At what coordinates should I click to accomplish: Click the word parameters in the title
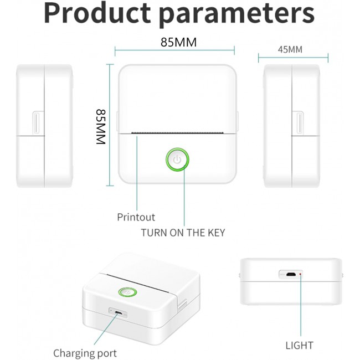click(237, 14)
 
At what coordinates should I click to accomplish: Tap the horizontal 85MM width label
click(179, 42)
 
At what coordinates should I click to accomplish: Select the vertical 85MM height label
click(101, 127)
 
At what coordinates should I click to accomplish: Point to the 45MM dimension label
click(290, 50)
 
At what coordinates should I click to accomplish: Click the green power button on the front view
click(177, 160)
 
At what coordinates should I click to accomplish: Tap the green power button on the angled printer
click(127, 292)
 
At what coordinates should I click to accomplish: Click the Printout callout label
click(136, 217)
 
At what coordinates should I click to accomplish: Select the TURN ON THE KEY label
click(183, 233)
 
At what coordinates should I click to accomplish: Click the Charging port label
click(85, 353)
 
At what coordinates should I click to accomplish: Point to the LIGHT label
click(300, 346)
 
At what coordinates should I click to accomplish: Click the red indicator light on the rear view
click(300, 274)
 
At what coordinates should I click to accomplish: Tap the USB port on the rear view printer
click(291, 274)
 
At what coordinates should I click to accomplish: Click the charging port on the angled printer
click(119, 313)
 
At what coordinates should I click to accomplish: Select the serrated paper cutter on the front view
click(177, 133)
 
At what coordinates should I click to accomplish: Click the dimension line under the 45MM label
click(293, 58)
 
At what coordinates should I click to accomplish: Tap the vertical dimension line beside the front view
click(110, 125)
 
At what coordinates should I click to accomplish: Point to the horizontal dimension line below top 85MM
click(174, 50)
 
